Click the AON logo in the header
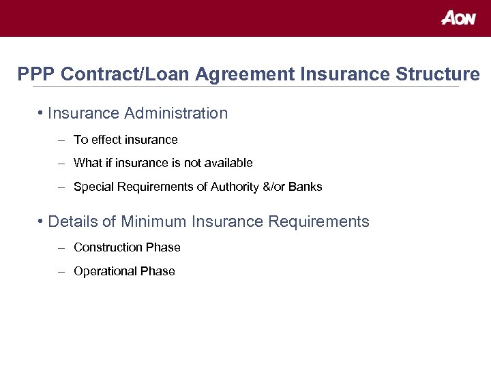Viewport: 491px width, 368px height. (458, 18)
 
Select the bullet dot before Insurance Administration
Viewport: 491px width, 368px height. (42, 112)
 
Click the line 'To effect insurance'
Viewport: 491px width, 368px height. (125, 140)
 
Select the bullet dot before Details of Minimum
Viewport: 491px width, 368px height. (42, 221)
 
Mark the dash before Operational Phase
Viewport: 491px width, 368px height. (61, 271)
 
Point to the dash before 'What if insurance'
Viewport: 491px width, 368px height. (61, 163)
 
